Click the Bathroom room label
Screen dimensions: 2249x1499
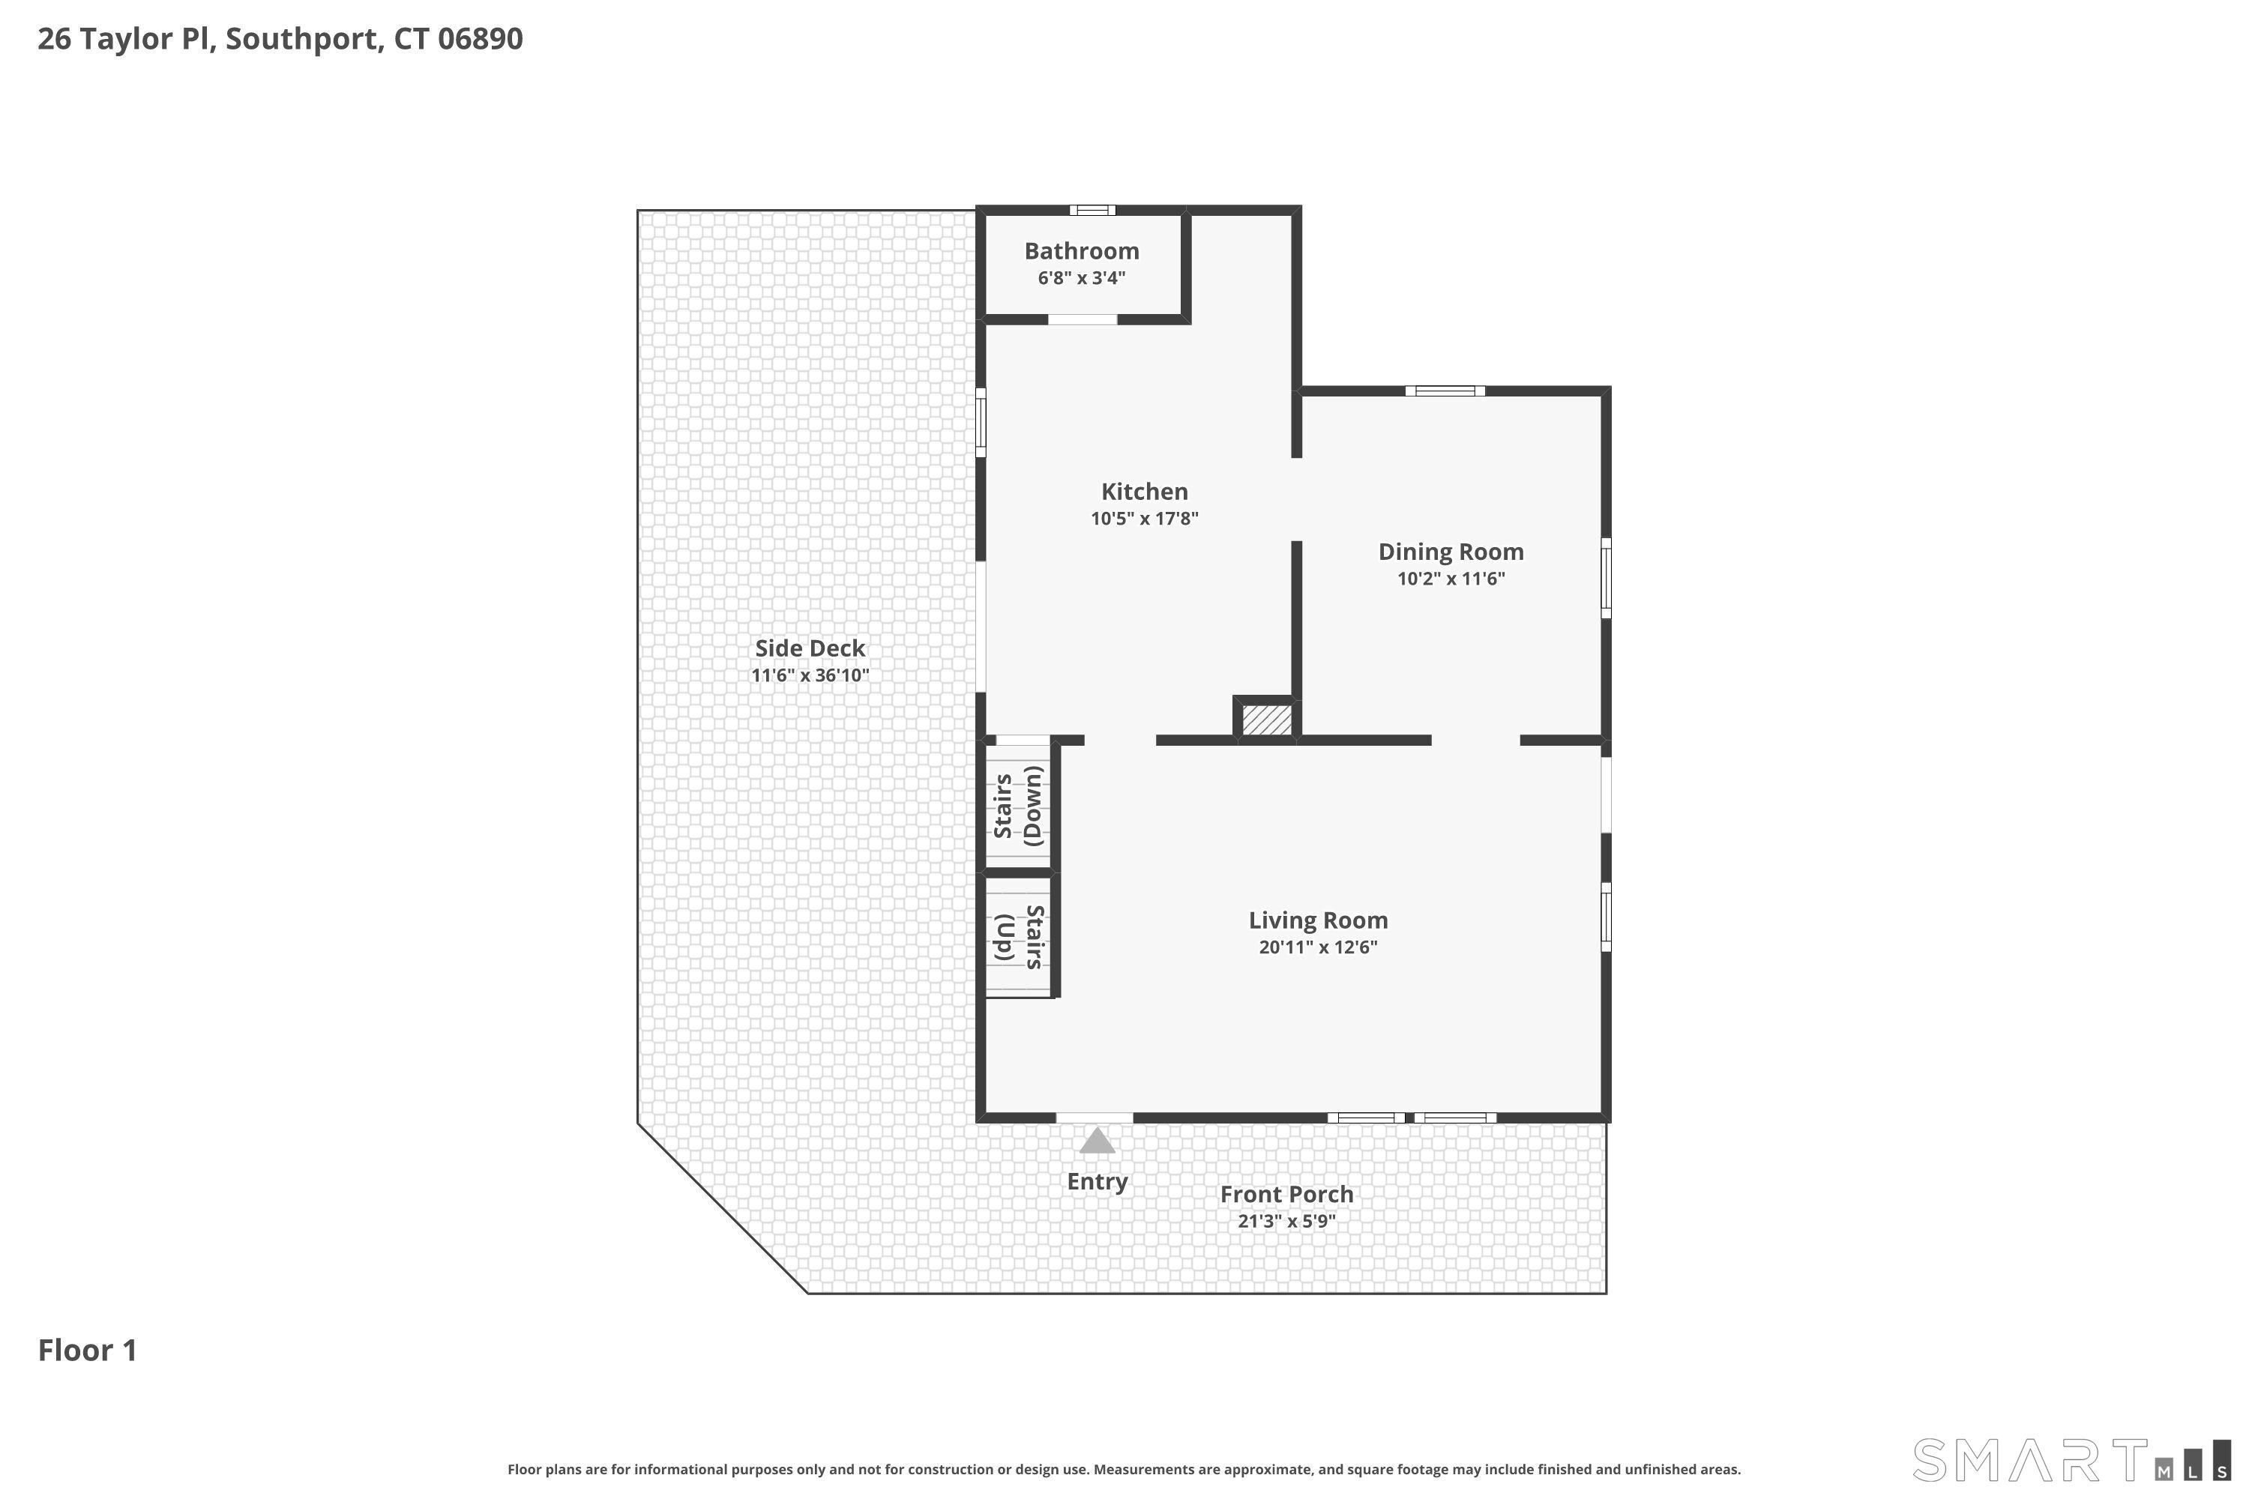coord(1082,251)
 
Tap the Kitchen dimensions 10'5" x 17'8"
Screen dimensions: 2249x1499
coord(1145,518)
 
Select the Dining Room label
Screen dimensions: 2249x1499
coord(1451,552)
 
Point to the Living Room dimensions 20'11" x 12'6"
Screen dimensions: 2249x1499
coord(1318,947)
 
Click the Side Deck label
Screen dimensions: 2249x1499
coord(810,648)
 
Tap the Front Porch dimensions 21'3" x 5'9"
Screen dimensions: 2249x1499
coord(1286,1221)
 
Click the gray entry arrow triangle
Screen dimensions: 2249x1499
coord(1097,1141)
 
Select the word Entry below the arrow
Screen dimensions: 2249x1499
coord(1097,1183)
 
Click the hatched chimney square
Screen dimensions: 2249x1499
coord(1266,720)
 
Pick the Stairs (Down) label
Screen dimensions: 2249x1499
coord(1018,806)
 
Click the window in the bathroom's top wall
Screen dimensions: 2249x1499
coord(1092,211)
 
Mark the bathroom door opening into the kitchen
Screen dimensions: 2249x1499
coord(1083,319)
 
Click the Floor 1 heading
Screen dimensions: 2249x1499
coord(87,1350)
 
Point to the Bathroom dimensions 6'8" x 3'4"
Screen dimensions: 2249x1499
coord(1082,278)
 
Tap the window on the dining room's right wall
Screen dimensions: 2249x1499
coord(1607,579)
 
